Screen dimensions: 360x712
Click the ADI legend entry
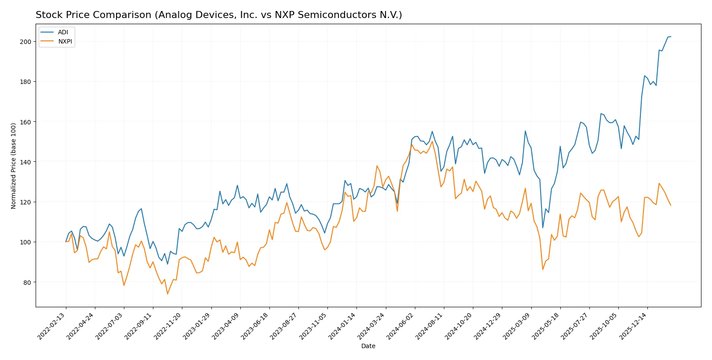(x=63, y=32)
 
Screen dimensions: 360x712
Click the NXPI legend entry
(x=65, y=41)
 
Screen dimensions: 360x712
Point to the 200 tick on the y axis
(x=26, y=42)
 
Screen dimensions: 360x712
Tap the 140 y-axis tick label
(x=26, y=162)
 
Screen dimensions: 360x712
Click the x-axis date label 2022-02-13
(x=52, y=326)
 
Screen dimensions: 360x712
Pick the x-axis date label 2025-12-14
(x=633, y=326)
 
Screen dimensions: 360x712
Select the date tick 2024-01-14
(x=342, y=326)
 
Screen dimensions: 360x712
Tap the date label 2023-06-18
(x=255, y=326)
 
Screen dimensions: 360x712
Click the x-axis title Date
(x=368, y=346)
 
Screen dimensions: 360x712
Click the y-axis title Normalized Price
(x=13, y=166)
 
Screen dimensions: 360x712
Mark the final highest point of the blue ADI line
(x=671, y=36)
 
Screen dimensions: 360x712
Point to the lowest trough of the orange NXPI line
(x=167, y=294)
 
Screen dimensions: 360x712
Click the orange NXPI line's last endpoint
(x=671, y=205)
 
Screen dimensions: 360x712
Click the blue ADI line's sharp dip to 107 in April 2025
(x=543, y=228)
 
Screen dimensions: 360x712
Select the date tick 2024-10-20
(x=459, y=326)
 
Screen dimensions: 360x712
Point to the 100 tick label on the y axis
(x=26, y=242)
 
